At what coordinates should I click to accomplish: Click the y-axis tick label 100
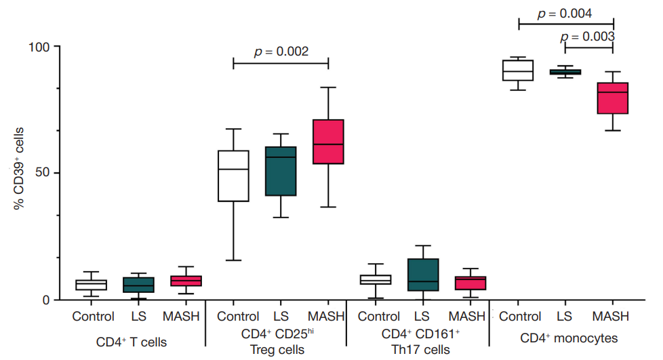[x=40, y=47]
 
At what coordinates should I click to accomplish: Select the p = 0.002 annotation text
[x=281, y=52]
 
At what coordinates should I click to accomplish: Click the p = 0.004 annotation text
[x=565, y=14]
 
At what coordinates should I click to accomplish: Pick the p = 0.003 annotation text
[x=588, y=37]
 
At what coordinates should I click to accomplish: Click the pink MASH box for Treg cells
[x=328, y=142]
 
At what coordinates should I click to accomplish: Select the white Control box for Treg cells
[x=233, y=176]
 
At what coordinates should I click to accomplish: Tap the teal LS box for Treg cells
[x=281, y=171]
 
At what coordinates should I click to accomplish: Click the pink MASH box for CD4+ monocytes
[x=612, y=98]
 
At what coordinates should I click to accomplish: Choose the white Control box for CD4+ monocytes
[x=518, y=71]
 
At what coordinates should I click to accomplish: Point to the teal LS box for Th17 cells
[x=422, y=275]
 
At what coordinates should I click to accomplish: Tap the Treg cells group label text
[x=277, y=350]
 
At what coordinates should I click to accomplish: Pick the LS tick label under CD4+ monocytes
[x=565, y=317]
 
